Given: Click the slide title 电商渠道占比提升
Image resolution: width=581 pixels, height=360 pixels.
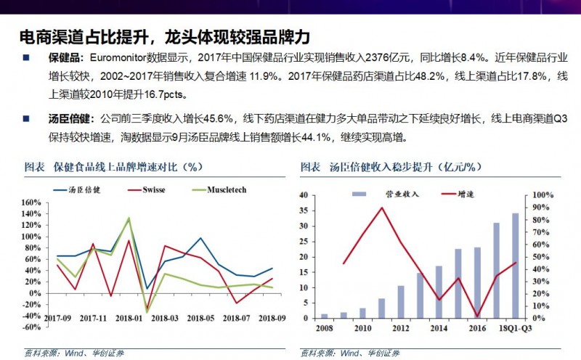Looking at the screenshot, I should coord(88,36).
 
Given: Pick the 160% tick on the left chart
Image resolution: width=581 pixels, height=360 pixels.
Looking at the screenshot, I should coord(31,202).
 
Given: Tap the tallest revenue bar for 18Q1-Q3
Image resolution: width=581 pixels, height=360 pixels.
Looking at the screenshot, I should coord(516,266).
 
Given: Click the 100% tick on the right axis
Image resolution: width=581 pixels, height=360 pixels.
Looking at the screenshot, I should coord(544,195).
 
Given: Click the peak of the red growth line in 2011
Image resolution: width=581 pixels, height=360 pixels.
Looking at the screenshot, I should coord(382,208).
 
